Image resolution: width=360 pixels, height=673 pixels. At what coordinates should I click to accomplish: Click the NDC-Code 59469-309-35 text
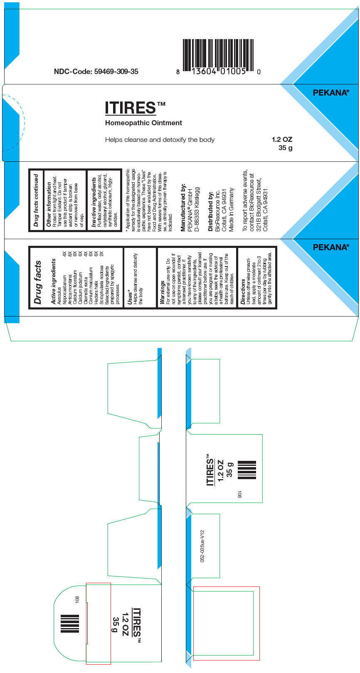coord(96,72)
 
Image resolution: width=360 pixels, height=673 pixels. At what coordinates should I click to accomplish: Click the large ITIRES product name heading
coord(130,108)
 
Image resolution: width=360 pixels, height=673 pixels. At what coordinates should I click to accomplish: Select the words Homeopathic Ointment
coord(143,123)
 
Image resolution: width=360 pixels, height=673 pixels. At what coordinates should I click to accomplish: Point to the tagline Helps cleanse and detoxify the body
coord(160,140)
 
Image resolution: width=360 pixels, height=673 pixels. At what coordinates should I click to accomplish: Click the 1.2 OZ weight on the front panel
coord(282,140)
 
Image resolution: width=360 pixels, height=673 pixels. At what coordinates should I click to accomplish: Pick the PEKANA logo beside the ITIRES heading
coord(330,93)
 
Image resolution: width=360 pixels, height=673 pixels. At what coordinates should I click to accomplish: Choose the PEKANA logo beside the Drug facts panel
coord(330,247)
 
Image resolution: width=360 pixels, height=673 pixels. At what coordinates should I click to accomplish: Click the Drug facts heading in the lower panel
coord(38,282)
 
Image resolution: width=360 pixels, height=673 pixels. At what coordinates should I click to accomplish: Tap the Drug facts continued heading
coord(36,200)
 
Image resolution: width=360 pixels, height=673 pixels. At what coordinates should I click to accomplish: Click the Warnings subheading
coord(162,292)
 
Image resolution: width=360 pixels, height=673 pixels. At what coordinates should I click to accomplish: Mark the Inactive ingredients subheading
coord(94,202)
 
